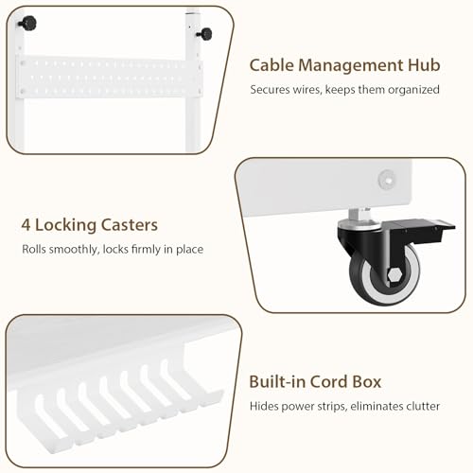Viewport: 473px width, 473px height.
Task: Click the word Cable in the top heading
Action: (272, 65)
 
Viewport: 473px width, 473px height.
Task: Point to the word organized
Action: (413, 90)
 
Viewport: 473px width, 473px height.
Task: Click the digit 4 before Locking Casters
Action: (26, 225)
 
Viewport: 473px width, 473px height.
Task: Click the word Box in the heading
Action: (367, 381)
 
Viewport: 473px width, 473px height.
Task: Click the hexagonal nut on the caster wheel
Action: (394, 275)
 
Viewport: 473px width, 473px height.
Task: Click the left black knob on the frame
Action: (27, 23)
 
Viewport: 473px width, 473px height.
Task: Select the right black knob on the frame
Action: (205, 34)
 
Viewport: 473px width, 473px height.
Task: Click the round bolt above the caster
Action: (387, 179)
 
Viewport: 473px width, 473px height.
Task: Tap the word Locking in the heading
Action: (66, 226)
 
